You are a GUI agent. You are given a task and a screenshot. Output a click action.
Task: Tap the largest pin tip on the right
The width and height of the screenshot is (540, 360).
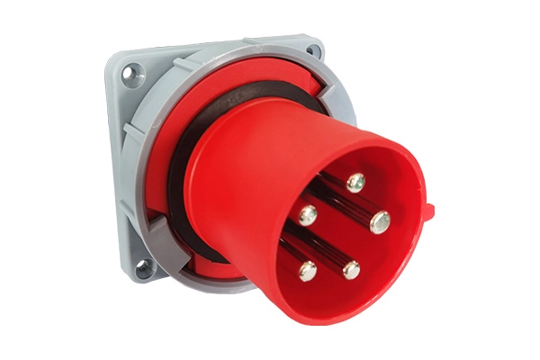380,220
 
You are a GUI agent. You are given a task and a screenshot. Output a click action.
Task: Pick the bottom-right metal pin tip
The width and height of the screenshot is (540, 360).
351,269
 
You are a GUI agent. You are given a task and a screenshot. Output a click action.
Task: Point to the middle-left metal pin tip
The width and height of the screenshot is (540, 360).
308,214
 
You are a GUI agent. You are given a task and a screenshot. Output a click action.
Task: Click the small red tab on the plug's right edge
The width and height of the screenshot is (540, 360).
429,213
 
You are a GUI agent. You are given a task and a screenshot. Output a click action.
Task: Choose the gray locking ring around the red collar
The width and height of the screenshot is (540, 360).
153,135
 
